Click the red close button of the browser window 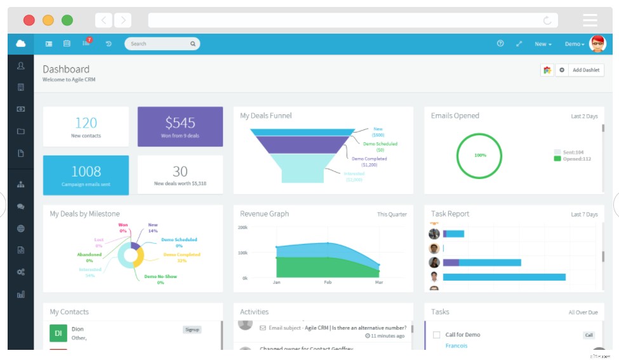click(x=29, y=20)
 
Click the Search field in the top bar click(x=159, y=44)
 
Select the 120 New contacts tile click(x=86, y=126)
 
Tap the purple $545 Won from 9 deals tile click(x=180, y=126)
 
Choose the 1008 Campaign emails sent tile click(x=86, y=175)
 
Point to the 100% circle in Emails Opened click(x=479, y=155)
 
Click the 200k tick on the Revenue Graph click(x=243, y=227)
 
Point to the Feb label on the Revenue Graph click(x=328, y=282)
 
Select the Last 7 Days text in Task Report click(x=584, y=215)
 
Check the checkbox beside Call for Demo click(x=436, y=335)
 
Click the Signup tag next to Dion click(x=192, y=330)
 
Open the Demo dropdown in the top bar click(x=575, y=44)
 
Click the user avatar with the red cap click(x=597, y=44)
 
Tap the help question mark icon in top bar click(x=500, y=44)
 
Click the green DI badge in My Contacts click(x=58, y=333)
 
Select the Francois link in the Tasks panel click(x=456, y=346)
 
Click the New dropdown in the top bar click(x=543, y=44)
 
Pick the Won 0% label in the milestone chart click(x=124, y=227)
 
